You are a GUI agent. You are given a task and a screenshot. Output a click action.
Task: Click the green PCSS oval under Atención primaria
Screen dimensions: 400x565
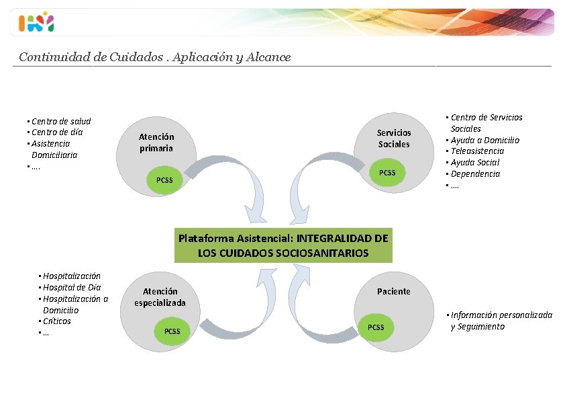click(x=164, y=180)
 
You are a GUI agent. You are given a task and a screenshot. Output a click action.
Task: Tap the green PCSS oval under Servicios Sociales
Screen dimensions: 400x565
click(x=387, y=173)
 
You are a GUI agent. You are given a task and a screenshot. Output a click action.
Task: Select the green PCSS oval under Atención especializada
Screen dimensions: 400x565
click(x=172, y=331)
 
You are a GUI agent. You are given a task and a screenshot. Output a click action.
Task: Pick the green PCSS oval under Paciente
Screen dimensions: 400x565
click(x=376, y=327)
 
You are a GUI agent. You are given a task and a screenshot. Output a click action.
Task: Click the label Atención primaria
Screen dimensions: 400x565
click(x=156, y=143)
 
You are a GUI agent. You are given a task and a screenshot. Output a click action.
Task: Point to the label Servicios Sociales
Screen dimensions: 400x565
click(x=394, y=138)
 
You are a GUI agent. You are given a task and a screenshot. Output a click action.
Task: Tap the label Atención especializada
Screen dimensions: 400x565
click(x=160, y=297)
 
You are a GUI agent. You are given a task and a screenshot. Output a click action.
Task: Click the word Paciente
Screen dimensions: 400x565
click(x=394, y=291)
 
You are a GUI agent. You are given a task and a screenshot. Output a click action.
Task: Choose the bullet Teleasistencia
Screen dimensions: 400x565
click(x=477, y=151)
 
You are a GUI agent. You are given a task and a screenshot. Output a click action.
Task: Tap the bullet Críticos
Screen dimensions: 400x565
click(x=57, y=321)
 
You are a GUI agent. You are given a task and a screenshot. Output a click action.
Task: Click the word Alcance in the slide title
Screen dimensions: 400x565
click(x=268, y=57)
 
